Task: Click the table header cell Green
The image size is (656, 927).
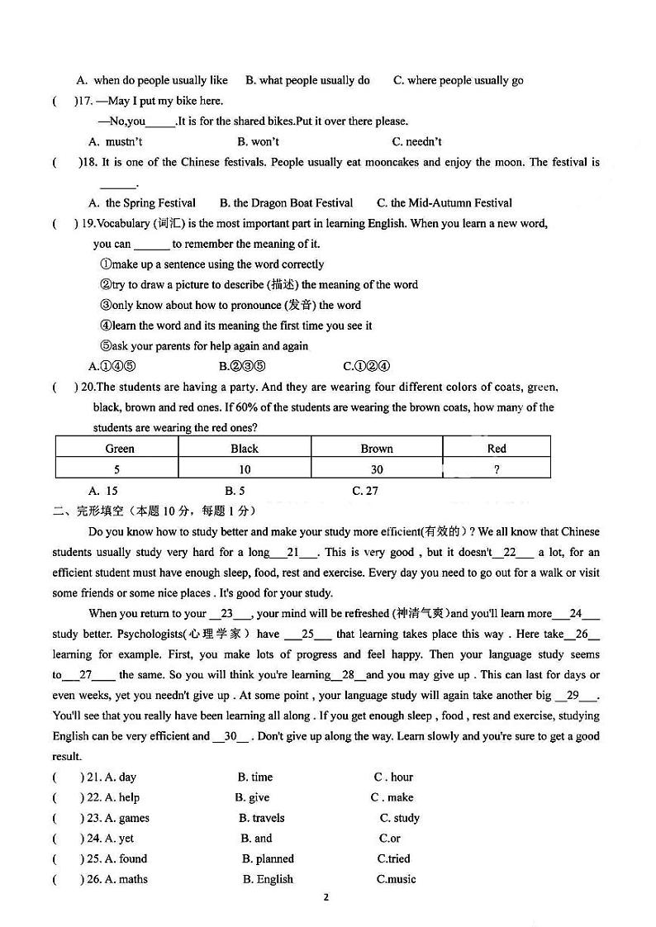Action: coord(120,449)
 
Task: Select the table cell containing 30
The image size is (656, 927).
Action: coord(377,469)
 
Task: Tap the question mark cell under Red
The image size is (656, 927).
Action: coord(497,469)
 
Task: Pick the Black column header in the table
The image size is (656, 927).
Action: coord(245,449)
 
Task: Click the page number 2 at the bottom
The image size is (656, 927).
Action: coord(326,897)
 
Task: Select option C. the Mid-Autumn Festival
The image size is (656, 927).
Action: coord(444,202)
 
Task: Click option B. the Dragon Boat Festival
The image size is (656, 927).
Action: coord(286,202)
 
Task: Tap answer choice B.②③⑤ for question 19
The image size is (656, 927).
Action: coord(242,366)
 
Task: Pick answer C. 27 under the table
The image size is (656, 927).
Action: coord(365,490)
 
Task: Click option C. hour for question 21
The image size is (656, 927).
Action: coord(393,777)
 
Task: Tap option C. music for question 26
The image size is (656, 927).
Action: coord(397,879)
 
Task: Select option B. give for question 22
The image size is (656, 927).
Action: coord(252,797)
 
